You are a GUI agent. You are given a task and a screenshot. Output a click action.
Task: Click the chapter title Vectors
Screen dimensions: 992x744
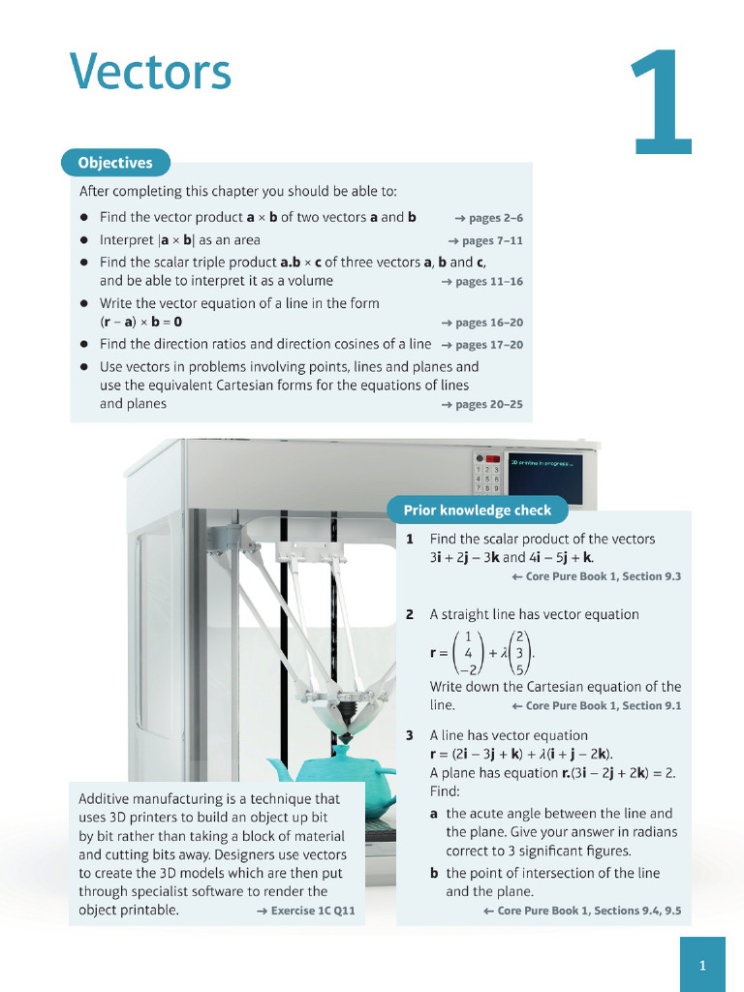click(x=150, y=73)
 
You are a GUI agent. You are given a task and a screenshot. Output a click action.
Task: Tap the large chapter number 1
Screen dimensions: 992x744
click(x=663, y=105)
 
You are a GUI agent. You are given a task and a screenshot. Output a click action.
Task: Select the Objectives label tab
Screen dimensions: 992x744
click(x=115, y=163)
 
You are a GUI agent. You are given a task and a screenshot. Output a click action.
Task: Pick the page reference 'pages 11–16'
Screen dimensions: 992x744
click(x=481, y=282)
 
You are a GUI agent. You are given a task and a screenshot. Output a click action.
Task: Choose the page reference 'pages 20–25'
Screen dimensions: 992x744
click(x=481, y=404)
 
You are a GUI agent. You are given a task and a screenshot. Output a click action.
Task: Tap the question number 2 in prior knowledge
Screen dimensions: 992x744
click(x=410, y=614)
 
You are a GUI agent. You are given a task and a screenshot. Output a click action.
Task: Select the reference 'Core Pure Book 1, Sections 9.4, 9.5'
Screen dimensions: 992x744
click(x=581, y=911)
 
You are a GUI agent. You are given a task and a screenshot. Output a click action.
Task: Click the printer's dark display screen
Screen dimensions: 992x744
click(x=545, y=476)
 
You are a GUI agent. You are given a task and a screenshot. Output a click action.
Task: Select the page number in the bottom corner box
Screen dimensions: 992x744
click(x=702, y=965)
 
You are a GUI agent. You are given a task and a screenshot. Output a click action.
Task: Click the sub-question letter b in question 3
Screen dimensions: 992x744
click(x=435, y=873)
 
